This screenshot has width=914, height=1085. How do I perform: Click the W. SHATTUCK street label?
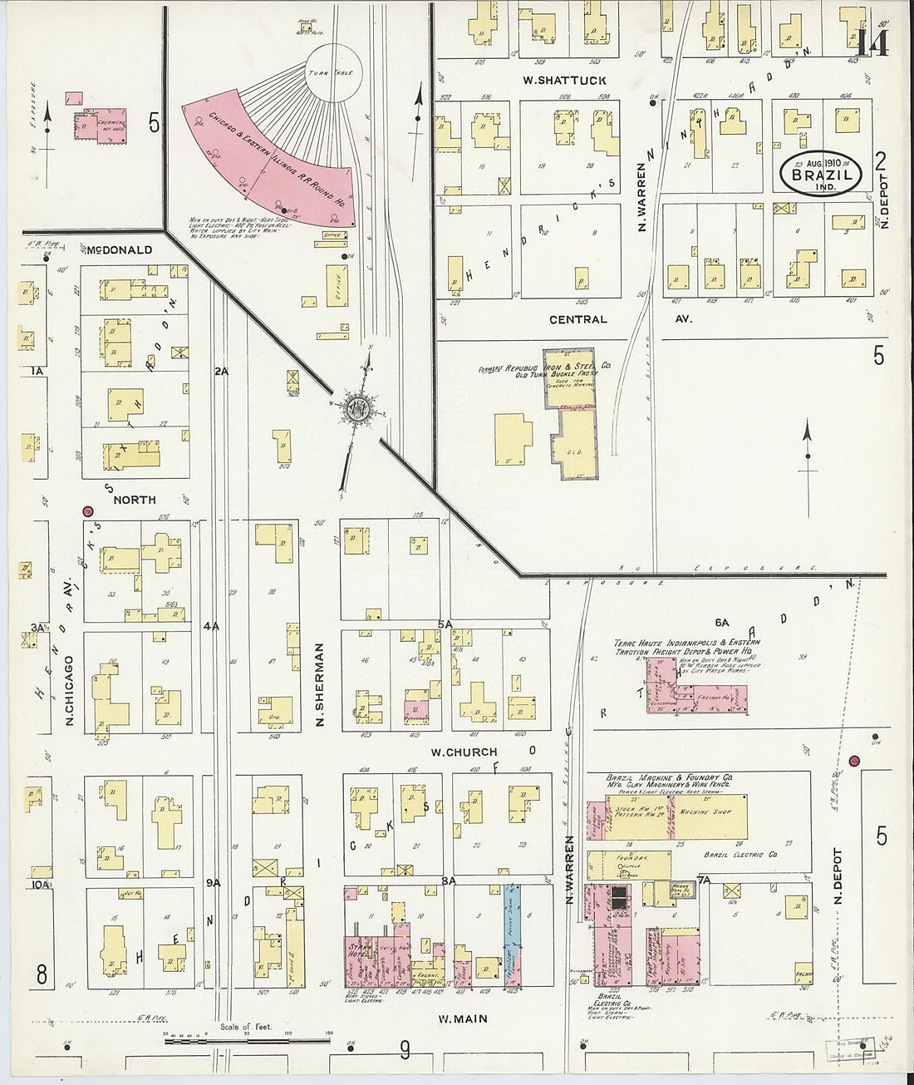(564, 81)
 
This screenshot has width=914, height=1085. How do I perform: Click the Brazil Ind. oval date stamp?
(820, 173)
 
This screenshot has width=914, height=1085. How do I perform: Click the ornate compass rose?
(359, 409)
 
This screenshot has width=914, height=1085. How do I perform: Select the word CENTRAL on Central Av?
(578, 319)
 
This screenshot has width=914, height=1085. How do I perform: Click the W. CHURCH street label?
(464, 752)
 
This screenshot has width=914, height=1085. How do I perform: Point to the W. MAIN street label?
(464, 1018)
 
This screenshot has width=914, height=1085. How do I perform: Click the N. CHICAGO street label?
(70, 690)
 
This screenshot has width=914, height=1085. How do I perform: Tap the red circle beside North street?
(88, 512)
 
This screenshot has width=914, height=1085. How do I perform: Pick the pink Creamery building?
(101, 126)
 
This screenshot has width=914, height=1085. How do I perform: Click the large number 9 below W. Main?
(405, 1051)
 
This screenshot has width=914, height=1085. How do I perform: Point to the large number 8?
(41, 974)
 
